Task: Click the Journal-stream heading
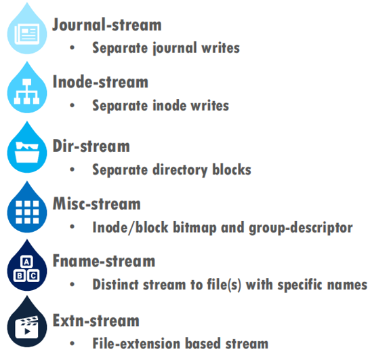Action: [107, 24]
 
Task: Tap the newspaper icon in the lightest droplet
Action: [27, 34]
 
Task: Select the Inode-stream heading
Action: [100, 81]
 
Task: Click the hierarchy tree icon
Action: [26, 92]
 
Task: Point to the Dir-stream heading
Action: [91, 146]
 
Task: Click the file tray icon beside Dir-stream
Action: [27, 153]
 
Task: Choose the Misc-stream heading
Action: [96, 203]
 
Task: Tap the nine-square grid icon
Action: [27, 212]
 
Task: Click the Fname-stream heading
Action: [104, 260]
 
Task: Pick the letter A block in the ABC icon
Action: [26, 262]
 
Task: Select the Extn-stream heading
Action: [96, 321]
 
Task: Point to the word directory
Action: [180, 170]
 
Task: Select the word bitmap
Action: [194, 228]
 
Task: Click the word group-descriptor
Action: [301, 228]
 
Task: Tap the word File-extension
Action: [137, 343]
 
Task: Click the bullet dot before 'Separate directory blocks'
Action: [73, 169]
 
